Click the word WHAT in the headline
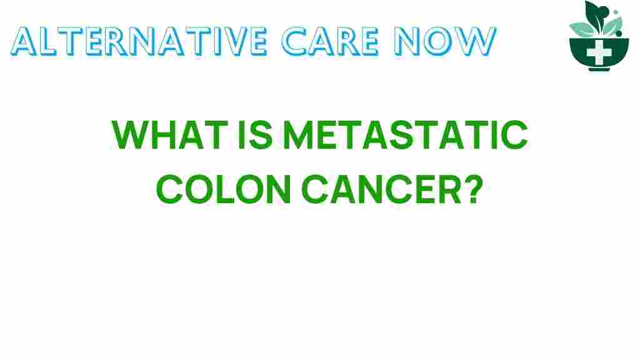point(161,136)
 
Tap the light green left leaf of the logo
point(580,28)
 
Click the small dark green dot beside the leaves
point(616,11)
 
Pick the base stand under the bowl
point(599,67)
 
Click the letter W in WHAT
point(129,136)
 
